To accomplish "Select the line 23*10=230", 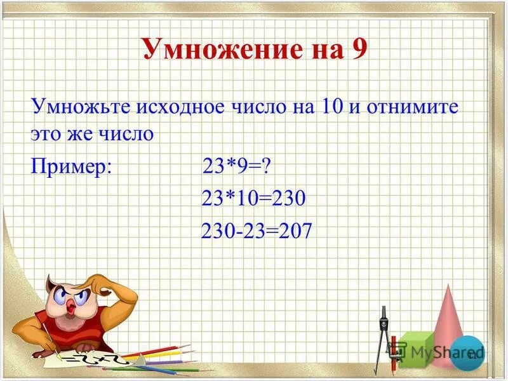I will click(x=253, y=199).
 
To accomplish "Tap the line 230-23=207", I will click(x=257, y=231).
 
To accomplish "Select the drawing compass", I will click(x=382, y=337).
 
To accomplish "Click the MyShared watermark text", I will click(x=438, y=351).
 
